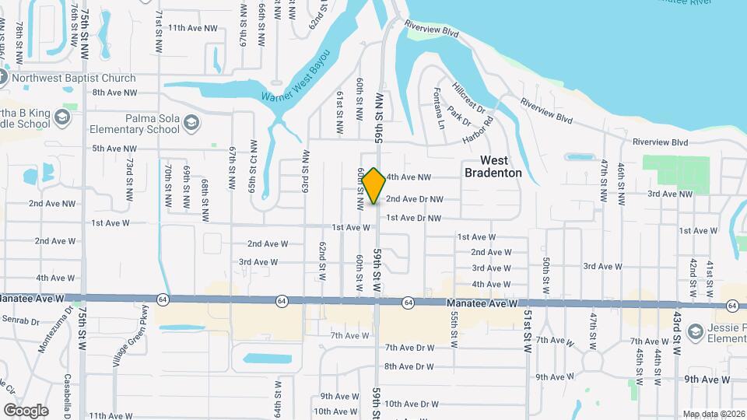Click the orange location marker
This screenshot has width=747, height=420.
(373, 186)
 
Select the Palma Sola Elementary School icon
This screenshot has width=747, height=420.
(192, 123)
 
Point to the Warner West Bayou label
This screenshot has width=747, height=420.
(296, 76)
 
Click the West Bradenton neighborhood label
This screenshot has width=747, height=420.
(493, 166)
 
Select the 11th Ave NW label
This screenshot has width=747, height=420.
(191, 28)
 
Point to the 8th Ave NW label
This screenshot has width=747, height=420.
(114, 93)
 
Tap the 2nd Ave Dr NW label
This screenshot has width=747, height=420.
(414, 199)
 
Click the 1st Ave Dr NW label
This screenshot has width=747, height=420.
(414, 218)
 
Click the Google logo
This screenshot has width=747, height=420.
(26, 411)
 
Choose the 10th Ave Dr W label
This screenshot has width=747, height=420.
(412, 404)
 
